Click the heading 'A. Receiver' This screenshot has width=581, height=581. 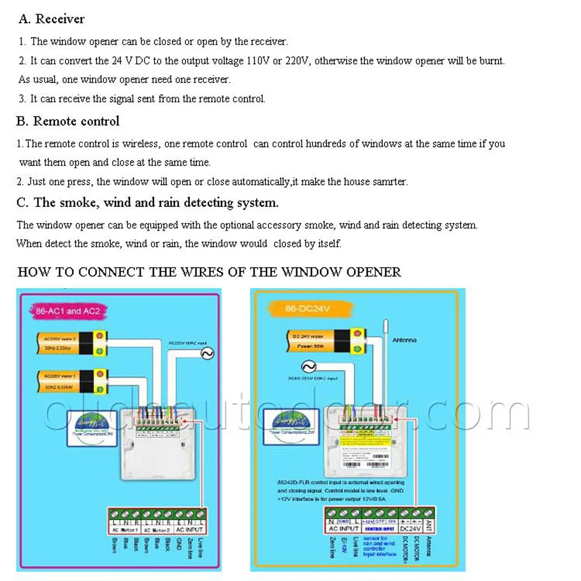pyautogui.click(x=51, y=19)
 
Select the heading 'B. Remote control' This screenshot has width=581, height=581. pyautogui.click(x=67, y=121)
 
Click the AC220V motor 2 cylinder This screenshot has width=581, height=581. pyautogui.click(x=72, y=343)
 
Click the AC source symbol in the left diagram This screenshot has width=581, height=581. pyautogui.click(x=206, y=353)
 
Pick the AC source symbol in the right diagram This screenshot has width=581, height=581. pyautogui.click(x=308, y=367)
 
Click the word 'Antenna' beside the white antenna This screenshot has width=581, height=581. pyautogui.click(x=404, y=340)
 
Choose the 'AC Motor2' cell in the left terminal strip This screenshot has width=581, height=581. pyautogui.click(x=156, y=529)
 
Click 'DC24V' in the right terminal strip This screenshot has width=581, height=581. pyautogui.click(x=411, y=529)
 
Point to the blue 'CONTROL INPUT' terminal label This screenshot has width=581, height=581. pyautogui.click(x=379, y=529)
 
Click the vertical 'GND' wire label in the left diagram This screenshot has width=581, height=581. pyautogui.click(x=179, y=544)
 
